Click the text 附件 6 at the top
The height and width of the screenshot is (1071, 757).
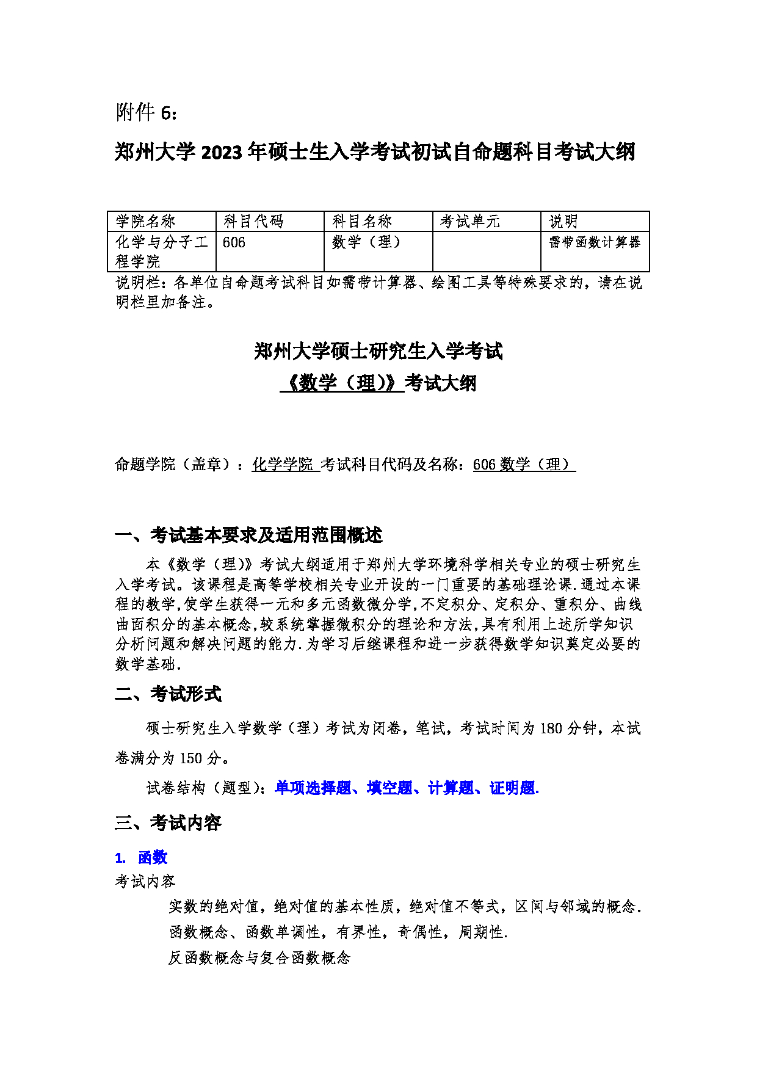(x=147, y=112)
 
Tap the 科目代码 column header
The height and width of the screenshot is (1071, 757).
(x=253, y=222)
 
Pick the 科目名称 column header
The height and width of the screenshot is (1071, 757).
(x=362, y=222)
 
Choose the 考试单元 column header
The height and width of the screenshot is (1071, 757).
(x=470, y=222)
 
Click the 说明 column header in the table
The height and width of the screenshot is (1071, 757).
(x=563, y=222)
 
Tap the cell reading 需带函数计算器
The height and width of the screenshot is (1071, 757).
(x=594, y=242)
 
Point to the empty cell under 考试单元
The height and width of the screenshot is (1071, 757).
(x=487, y=251)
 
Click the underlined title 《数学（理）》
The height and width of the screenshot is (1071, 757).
(x=342, y=383)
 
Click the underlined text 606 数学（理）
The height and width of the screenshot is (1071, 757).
(x=523, y=465)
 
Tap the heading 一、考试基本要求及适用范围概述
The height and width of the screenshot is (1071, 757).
(x=248, y=535)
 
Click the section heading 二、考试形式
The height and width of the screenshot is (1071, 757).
(x=168, y=694)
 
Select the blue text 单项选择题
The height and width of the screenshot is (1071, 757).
(x=313, y=788)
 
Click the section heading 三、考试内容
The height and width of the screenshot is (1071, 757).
(x=168, y=823)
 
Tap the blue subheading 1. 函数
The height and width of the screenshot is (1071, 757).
(x=141, y=858)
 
